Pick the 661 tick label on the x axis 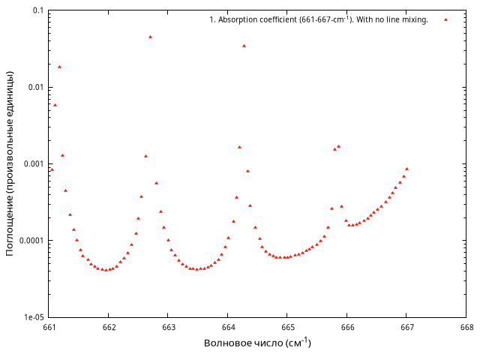tap(49, 327)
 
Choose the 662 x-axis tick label tap(109, 327)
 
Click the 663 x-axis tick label tap(169, 327)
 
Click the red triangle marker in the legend tap(445, 19)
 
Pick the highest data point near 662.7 tap(150, 37)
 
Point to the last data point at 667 tap(406, 169)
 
